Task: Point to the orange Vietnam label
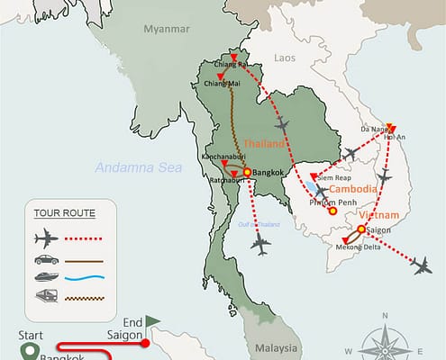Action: pos(379,217)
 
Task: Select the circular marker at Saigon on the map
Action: pos(361,229)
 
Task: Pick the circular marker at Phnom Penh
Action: pos(332,212)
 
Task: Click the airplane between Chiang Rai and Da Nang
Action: pos(287,122)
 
